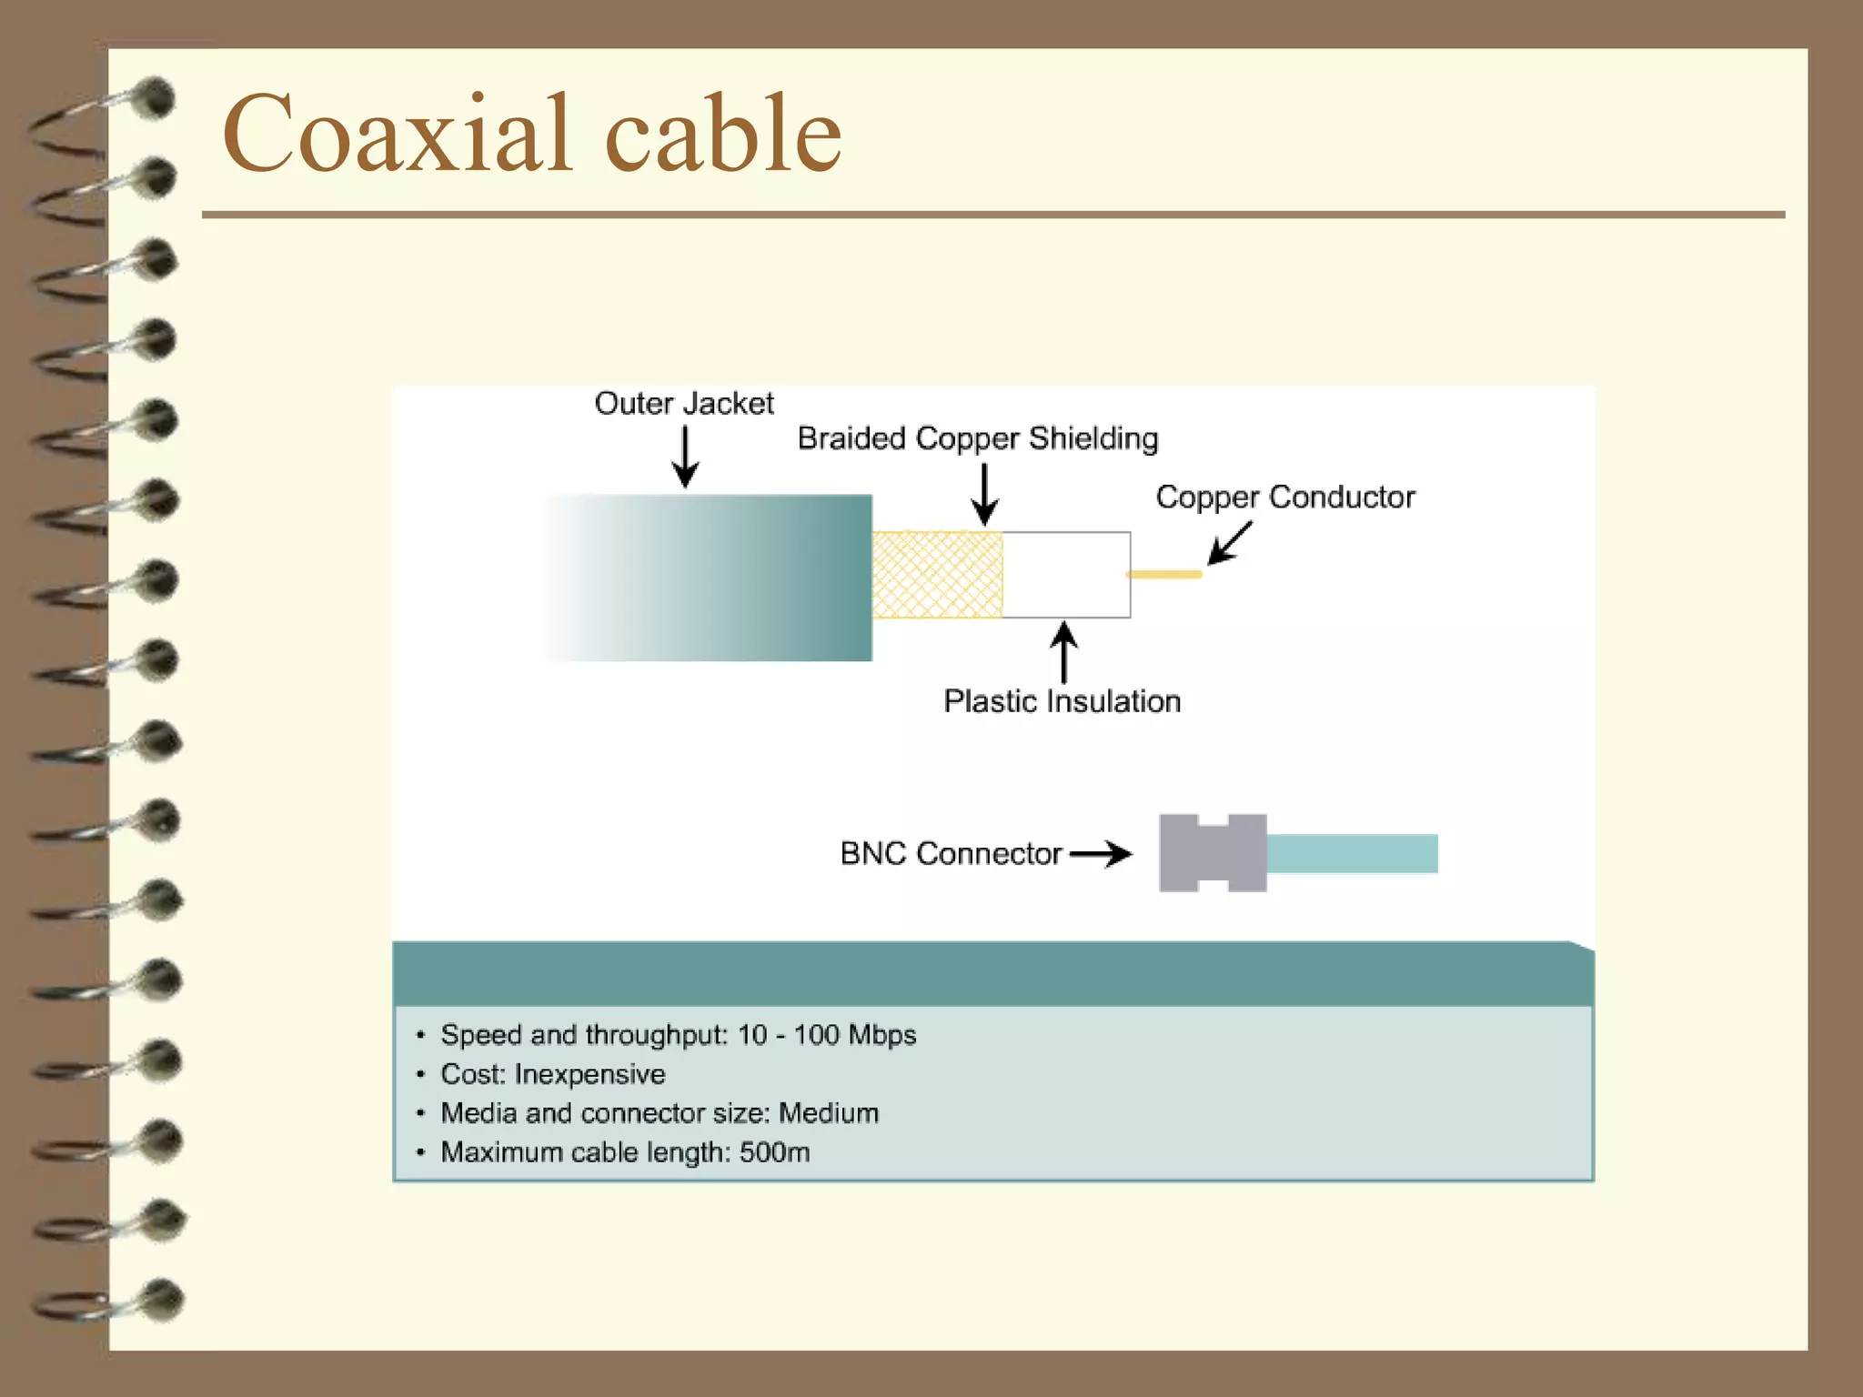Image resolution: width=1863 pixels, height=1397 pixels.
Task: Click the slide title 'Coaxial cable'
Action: click(x=532, y=134)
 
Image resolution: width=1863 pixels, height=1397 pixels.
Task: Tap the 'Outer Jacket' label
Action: click(x=683, y=403)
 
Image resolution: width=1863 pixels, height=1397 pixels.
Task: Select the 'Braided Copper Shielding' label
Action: click(x=977, y=438)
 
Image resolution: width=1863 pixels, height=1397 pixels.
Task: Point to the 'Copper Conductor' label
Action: click(x=1284, y=497)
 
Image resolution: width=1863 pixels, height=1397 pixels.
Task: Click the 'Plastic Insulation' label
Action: click(x=1062, y=701)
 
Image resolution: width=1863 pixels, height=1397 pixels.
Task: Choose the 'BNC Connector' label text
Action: click(x=950, y=854)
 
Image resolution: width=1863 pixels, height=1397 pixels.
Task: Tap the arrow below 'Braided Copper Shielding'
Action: click(x=984, y=495)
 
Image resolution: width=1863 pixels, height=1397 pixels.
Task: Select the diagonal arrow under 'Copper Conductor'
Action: click(x=1229, y=543)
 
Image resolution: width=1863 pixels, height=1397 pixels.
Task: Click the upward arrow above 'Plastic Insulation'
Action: click(x=1063, y=651)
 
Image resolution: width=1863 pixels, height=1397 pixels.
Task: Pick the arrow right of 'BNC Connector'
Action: click(x=1102, y=854)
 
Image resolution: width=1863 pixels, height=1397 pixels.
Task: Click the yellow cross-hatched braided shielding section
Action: click(x=937, y=575)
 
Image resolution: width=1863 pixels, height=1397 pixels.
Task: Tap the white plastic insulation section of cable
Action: click(x=1066, y=575)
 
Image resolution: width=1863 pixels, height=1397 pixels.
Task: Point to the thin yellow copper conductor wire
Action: click(x=1164, y=574)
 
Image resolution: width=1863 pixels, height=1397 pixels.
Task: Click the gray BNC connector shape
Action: click(x=1213, y=853)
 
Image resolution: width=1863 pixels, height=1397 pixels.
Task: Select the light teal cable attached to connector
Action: click(x=1352, y=853)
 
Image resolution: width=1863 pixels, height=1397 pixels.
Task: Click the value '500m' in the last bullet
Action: click(x=774, y=1152)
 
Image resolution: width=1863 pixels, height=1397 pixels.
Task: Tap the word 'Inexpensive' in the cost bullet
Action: click(x=589, y=1074)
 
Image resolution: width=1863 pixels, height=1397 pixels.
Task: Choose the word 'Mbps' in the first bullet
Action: click(x=881, y=1035)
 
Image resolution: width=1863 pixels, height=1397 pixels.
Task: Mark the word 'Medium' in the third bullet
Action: click(x=829, y=1113)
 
